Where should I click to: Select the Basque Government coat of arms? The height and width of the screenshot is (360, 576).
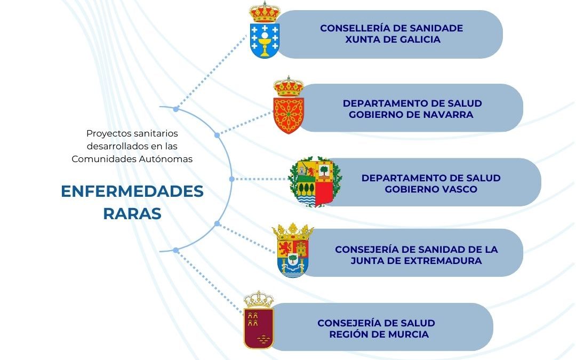point(315,182)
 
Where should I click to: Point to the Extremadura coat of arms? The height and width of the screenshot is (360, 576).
point(293,251)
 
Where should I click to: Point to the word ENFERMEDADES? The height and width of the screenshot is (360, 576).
point(132,191)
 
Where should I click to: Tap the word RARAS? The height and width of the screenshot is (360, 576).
point(132,213)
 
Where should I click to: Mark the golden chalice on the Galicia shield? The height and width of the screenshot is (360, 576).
point(265,43)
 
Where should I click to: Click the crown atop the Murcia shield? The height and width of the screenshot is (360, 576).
point(259,299)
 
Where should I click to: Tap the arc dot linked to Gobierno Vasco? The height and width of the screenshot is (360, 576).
point(231,179)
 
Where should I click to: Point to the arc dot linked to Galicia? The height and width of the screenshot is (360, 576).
point(175,109)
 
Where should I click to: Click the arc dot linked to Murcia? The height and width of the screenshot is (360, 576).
point(175,250)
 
